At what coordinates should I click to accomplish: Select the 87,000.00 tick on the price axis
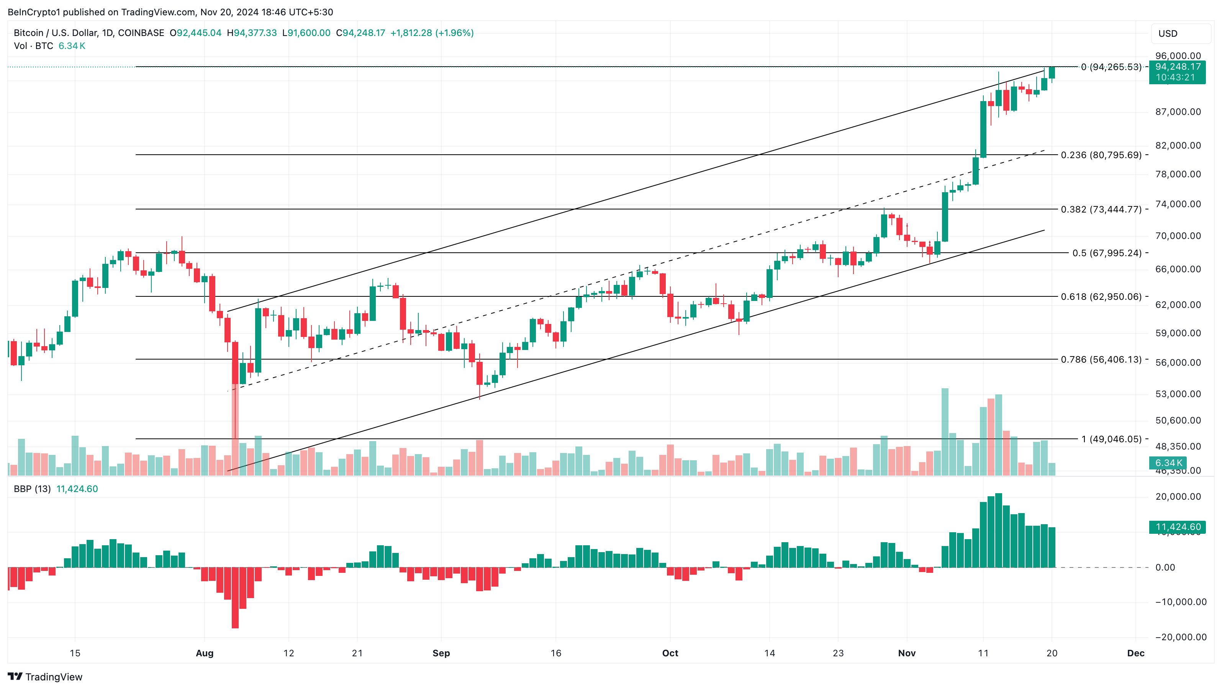click(1178, 112)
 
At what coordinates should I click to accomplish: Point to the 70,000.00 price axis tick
click(1178, 236)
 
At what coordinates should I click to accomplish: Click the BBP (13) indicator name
click(32, 489)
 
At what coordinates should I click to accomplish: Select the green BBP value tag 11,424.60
click(1178, 527)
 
